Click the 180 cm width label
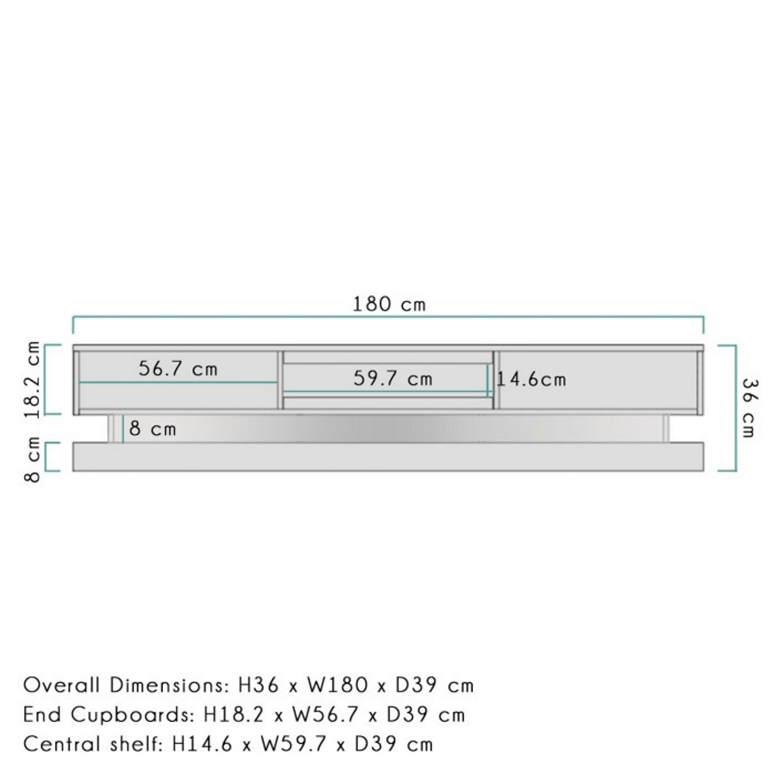(389, 304)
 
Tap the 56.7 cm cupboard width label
(178, 368)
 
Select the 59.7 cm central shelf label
(393, 379)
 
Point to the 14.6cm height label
(531, 380)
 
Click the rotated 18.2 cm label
(33, 379)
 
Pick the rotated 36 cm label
(749, 408)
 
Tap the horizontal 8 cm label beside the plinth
(152, 429)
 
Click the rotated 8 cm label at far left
(33, 459)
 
